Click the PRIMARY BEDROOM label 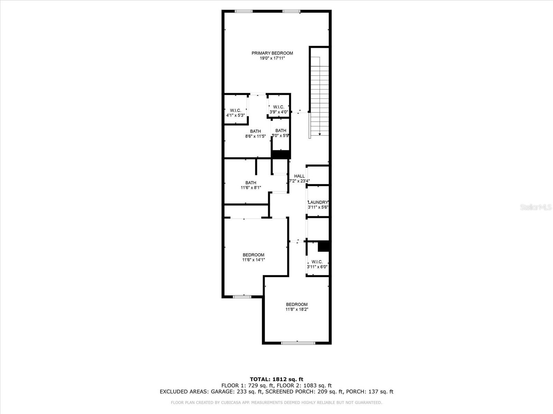coord(272,53)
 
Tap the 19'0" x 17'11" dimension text coord(272,58)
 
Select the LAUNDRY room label coord(318,203)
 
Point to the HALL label coord(299,176)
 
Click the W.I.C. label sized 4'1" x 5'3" coord(235,110)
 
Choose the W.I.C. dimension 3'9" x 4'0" coord(279,112)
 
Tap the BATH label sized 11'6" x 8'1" coord(251,183)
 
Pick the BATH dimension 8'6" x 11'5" coord(255,137)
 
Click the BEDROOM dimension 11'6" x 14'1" coord(253,260)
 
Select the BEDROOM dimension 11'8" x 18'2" coord(297,309)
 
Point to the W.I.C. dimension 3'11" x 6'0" coord(317,267)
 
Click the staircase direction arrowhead coord(320,135)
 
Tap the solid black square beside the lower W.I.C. coord(324,246)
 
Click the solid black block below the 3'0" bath coord(281,155)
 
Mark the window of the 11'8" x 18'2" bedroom coord(298,343)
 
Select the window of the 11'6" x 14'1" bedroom coord(242,297)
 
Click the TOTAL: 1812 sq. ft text coord(276,379)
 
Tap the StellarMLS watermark coord(536,207)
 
